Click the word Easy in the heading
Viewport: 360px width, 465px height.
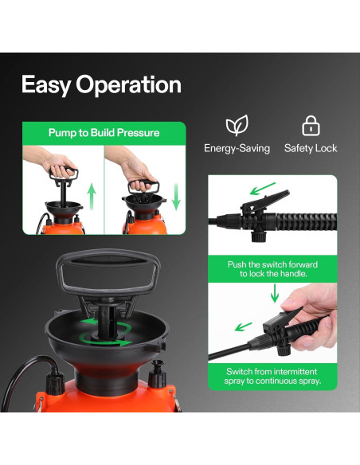coord(46,84)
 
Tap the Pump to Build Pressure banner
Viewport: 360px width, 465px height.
coord(104,132)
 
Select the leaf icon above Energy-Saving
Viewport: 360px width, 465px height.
coord(237,126)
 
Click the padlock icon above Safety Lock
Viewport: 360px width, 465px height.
coord(310,126)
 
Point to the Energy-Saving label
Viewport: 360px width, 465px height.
coord(237,148)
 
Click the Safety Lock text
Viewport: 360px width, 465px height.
coord(311,148)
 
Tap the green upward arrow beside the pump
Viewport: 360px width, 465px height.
coord(92,196)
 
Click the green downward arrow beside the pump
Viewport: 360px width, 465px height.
coord(176,194)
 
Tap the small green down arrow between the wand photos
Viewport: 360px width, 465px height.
coord(275,295)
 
